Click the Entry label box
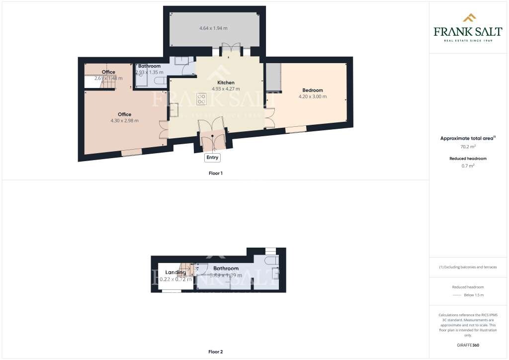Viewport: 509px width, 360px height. [212, 158]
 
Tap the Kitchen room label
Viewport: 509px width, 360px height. [226, 83]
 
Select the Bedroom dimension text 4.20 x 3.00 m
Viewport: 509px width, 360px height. [313, 96]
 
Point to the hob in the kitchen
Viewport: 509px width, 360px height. [201, 99]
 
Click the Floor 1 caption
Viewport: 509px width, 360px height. [215, 173]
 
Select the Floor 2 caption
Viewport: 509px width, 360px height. [215, 352]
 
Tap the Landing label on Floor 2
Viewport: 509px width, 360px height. [176, 272]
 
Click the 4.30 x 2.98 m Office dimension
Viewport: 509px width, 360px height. [124, 121]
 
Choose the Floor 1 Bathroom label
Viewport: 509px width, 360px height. [149, 66]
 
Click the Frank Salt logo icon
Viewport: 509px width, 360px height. [469, 18]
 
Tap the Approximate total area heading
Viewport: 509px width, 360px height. [468, 138]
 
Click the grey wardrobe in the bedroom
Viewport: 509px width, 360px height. [273, 77]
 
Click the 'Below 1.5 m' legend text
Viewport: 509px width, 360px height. [473, 295]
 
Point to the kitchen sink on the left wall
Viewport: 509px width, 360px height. [174, 110]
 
